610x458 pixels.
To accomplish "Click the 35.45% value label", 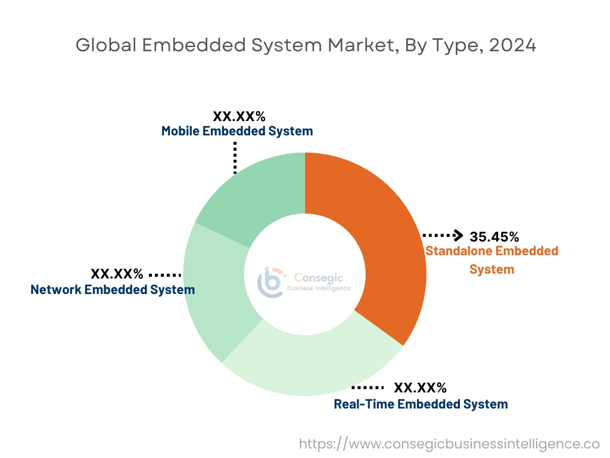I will coord(494,237).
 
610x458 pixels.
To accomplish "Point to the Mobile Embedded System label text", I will coord(237,131).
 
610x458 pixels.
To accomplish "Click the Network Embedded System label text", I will coord(113,290).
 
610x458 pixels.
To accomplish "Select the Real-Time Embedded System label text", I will coord(421,404).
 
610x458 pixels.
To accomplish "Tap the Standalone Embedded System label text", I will coord(491,260).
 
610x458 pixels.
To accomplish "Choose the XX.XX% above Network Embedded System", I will coord(117,274).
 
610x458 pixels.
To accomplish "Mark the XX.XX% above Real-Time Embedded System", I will coord(420,388).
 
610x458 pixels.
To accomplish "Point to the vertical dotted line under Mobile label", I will coord(235,157).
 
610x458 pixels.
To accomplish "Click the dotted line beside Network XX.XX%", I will coord(164,275).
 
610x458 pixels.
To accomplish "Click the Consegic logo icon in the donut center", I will coord(272,281).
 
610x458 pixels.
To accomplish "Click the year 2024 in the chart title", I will coord(512,45).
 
